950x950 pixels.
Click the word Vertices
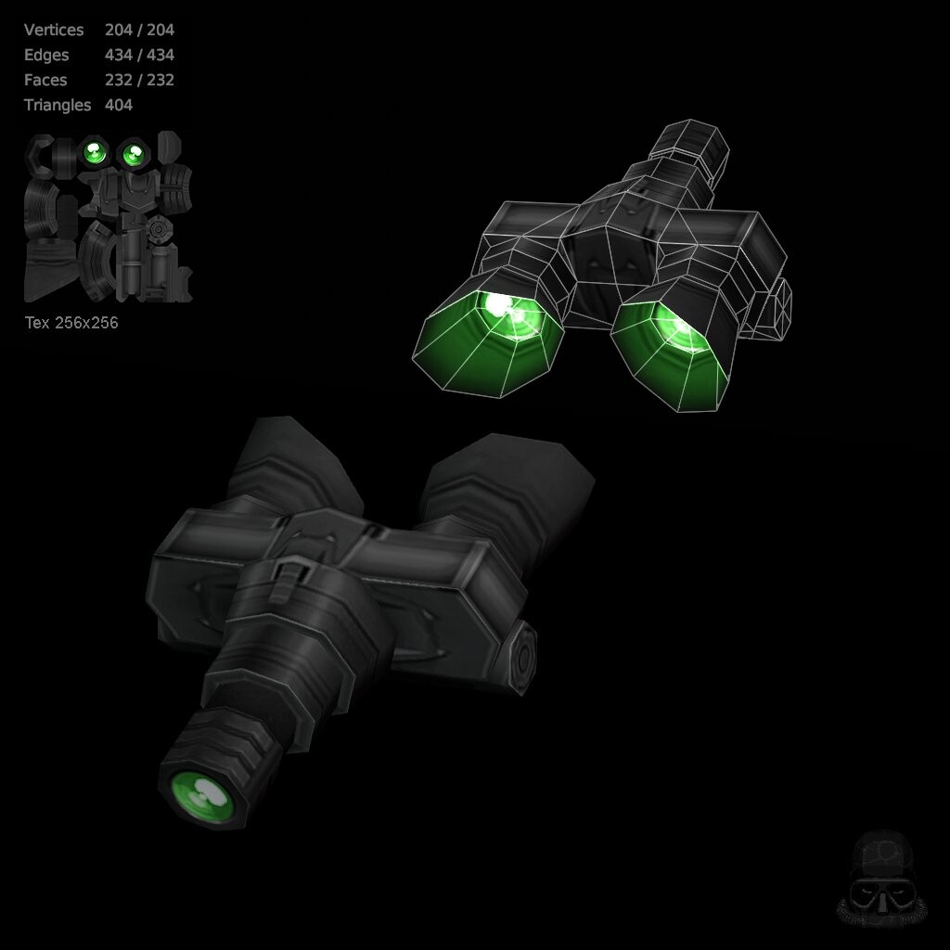pos(54,30)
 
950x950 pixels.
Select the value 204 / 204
pos(139,30)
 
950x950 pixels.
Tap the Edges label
pos(46,55)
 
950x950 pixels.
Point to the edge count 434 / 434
pos(139,55)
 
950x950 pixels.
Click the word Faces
pos(46,80)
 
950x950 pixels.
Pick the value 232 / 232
pos(139,80)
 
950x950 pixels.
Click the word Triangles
pos(58,105)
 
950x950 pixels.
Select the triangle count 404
pos(119,105)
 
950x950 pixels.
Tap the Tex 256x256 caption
pos(71,323)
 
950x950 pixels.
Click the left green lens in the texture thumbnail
pos(92,151)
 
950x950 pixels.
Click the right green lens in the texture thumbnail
pos(133,151)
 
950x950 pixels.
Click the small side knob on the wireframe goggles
pos(775,306)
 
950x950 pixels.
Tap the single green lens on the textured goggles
pos(202,793)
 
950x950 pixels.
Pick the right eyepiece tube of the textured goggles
pos(506,482)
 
